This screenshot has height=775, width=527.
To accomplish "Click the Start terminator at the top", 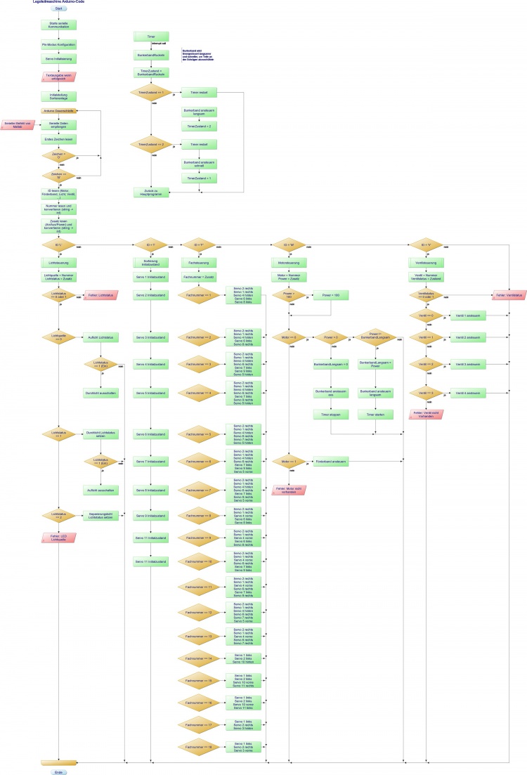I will coord(60,8).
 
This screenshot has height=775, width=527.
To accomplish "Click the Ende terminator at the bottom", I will coord(60,771).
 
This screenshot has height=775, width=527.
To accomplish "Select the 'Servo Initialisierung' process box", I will coord(59,58).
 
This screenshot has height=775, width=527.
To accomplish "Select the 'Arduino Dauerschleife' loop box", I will coord(59,111).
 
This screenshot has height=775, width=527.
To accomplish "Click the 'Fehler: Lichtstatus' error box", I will coord(99,296).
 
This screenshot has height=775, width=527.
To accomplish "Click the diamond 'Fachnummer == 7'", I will coord(200,489).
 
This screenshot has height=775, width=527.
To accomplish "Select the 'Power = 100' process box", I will coord(330,296).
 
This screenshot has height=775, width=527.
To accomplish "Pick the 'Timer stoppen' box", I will coord(330,415).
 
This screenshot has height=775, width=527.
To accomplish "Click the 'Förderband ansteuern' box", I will coord(330,462).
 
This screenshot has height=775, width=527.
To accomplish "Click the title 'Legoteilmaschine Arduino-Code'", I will coord(59,2).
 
